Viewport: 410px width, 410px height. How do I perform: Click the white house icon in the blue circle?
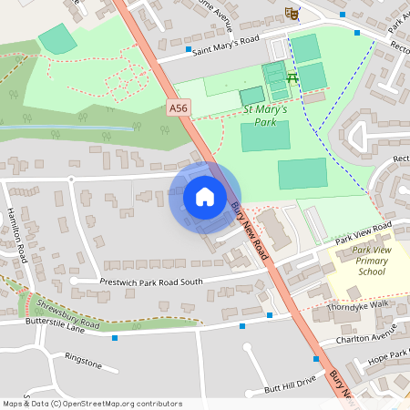pyautogui.click(x=204, y=197)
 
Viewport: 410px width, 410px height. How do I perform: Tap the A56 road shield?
pyautogui.click(x=179, y=108)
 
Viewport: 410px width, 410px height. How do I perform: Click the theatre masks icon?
pyautogui.click(x=292, y=13)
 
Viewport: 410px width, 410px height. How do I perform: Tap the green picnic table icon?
pyautogui.click(x=292, y=79)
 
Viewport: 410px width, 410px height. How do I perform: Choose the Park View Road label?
pyautogui.click(x=362, y=232)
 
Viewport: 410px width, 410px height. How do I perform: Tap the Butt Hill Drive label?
pyautogui.click(x=290, y=383)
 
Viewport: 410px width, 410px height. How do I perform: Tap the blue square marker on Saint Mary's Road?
pyautogui.click(x=189, y=49)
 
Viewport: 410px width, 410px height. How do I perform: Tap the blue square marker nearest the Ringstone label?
pyautogui.click(x=115, y=338)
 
